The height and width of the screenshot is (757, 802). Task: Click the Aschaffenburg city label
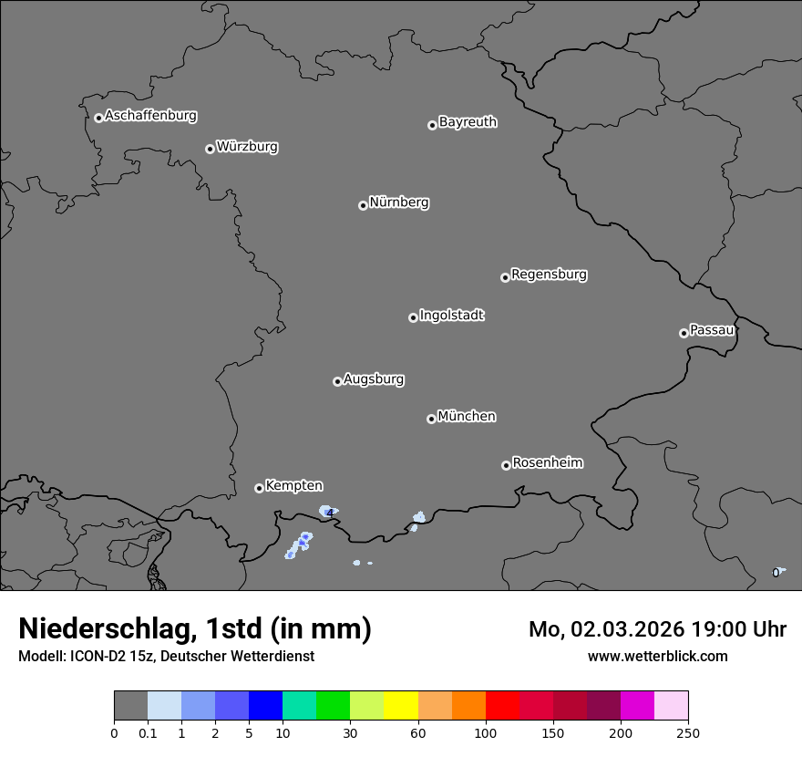pyautogui.click(x=150, y=116)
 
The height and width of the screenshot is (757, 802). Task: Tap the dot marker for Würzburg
pyautogui.click(x=210, y=149)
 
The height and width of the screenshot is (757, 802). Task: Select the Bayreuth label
pyautogui.click(x=468, y=122)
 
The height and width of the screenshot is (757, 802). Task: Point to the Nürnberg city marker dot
pyautogui.click(x=363, y=205)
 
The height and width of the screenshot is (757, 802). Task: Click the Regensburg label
pyautogui.click(x=549, y=275)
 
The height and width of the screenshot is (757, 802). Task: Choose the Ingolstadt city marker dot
pyautogui.click(x=413, y=317)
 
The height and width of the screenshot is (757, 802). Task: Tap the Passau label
pyautogui.click(x=712, y=330)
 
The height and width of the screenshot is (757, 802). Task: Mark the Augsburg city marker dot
pyautogui.click(x=337, y=381)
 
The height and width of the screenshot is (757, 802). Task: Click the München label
pyautogui.click(x=467, y=417)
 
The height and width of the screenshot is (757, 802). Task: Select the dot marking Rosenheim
pyautogui.click(x=506, y=466)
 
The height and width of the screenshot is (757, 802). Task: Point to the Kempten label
pyautogui.click(x=293, y=486)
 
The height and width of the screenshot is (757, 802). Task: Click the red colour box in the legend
pyautogui.click(x=502, y=706)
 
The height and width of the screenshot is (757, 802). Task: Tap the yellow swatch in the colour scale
pyautogui.click(x=401, y=706)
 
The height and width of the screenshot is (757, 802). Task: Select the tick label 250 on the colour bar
pyautogui.click(x=688, y=732)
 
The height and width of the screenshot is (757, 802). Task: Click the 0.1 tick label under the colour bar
pyautogui.click(x=148, y=732)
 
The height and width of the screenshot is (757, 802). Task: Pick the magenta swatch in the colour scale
pyautogui.click(x=637, y=706)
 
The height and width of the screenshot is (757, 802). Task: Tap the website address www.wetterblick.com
pyautogui.click(x=657, y=656)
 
